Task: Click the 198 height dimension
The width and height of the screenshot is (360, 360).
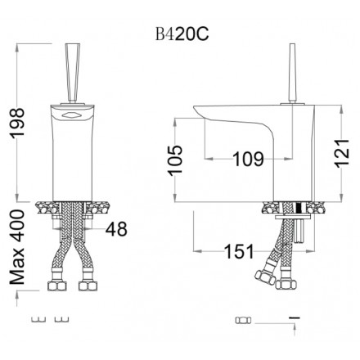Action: coord(17,124)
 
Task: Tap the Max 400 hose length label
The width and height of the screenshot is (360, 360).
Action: coord(17,247)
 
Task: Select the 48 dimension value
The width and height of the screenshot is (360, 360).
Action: coord(116,229)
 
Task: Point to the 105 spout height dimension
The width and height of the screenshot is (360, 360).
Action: coord(175,160)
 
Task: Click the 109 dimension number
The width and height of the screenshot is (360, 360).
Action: coord(248,159)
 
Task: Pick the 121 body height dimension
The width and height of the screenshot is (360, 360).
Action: coord(341,154)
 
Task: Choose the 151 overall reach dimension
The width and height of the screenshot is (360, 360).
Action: coord(239,251)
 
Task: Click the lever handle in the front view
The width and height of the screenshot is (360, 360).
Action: coord(73,73)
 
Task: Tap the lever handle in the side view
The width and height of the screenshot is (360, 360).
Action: coord(293,73)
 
